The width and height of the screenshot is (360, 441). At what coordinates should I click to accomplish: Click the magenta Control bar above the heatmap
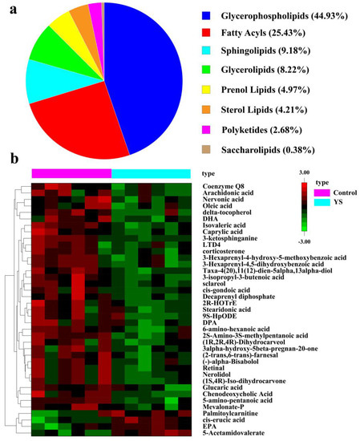point(71,173)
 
